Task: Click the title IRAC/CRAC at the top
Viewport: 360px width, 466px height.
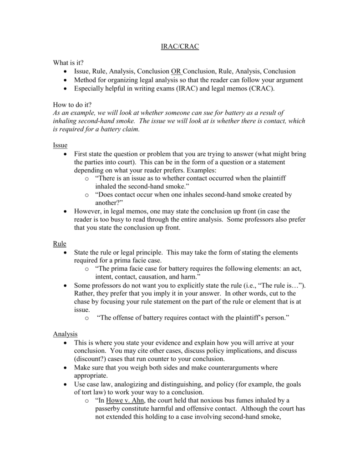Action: pos(181,47)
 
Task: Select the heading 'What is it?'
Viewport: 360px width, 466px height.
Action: pos(69,62)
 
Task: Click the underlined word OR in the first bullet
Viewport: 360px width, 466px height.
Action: pos(176,71)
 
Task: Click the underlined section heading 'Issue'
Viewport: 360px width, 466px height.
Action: pos(60,146)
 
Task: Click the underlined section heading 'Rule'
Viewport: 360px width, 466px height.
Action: pos(60,244)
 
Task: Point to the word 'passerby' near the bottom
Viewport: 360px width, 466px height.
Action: pos(109,409)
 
